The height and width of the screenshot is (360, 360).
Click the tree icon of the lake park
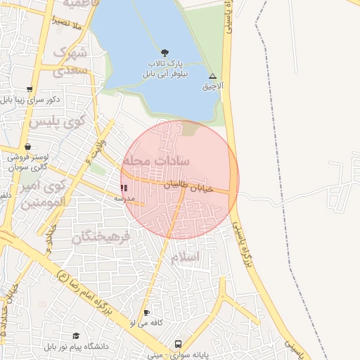pos(165,53)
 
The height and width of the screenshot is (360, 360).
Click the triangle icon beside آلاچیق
pos(213,76)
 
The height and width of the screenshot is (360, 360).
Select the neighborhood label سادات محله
pos(156,161)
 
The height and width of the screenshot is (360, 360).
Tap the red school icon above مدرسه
pos(124,188)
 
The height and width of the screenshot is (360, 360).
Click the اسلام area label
pos(185,257)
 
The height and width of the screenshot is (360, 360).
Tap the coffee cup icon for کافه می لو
pos(146,312)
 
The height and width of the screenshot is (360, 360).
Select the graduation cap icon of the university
pos(76,335)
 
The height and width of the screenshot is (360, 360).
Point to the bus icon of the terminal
pos(178,345)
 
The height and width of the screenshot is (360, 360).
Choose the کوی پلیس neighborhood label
pos(57,121)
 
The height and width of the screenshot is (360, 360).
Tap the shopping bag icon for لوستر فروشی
pos(27,147)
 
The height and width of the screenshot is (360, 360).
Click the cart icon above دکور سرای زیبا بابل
pos(29,89)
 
